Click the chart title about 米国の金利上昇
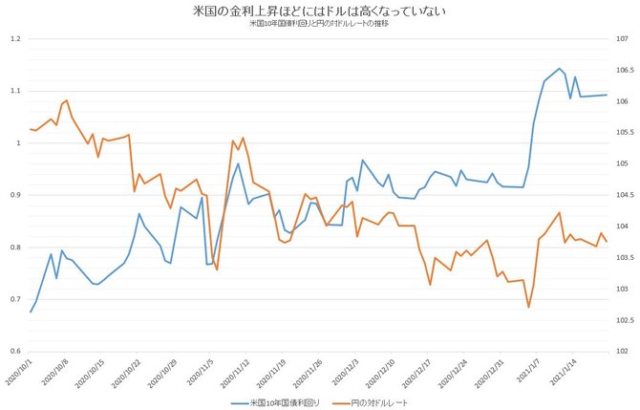pyautogui.click(x=319, y=11)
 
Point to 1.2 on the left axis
pyautogui.click(x=14, y=39)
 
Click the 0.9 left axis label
pyautogui.click(x=14, y=195)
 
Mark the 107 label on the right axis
pyautogui.click(x=622, y=39)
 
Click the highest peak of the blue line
pyautogui.click(x=560, y=69)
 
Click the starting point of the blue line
pyautogui.click(x=31, y=312)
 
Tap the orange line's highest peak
pyautogui.click(x=66, y=99)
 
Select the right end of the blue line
pyautogui.click(x=607, y=95)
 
